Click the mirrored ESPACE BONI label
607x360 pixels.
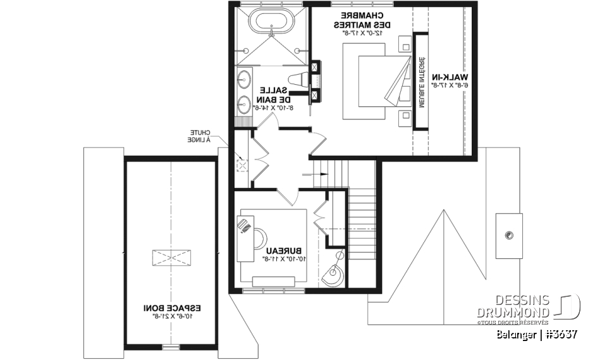pos(171,307)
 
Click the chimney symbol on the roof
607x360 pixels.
pos(509,235)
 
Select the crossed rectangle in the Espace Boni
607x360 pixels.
pos(170,257)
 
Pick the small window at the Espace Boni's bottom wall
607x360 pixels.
pos(170,347)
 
